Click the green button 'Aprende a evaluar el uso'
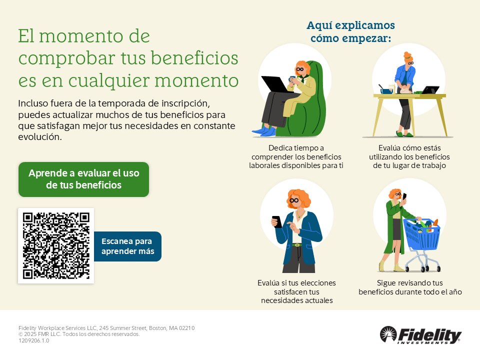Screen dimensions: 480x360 point(83,179)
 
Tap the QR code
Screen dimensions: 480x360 point(56,245)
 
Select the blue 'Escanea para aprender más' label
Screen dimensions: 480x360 point(127,246)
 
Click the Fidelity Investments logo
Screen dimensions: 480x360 point(420,335)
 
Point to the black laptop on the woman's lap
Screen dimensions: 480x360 point(274,84)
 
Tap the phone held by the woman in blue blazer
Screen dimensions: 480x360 point(277,221)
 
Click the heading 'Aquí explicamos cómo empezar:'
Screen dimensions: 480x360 point(351,31)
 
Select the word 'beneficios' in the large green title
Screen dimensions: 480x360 point(194,58)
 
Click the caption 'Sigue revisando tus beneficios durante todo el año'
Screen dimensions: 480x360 point(410,287)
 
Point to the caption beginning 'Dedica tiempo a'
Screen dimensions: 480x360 point(296,156)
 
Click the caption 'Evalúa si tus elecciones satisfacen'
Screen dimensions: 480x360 point(296,291)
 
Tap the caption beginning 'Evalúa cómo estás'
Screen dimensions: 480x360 point(409,156)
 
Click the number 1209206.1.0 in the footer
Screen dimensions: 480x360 point(33,340)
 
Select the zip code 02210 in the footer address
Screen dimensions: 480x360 point(186,328)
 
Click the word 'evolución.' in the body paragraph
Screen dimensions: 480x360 point(40,137)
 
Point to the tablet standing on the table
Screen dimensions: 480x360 point(430,89)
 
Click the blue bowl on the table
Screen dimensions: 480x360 point(386,91)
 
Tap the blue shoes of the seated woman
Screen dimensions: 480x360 point(264,130)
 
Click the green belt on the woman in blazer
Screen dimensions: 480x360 point(296,245)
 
